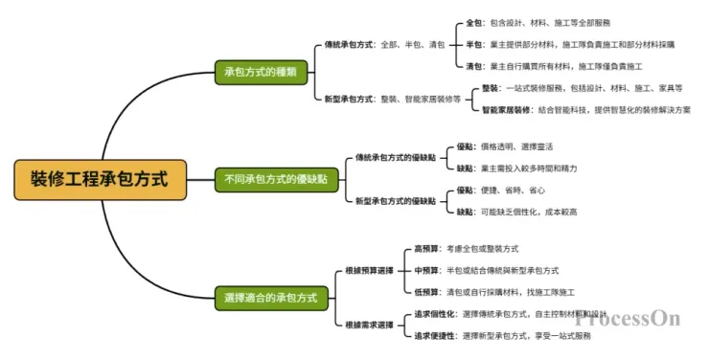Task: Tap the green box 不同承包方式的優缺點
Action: pos(276,178)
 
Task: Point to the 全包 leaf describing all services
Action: pos(537,21)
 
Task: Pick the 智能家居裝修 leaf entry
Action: pos(585,110)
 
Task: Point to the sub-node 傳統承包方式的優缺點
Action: pos(395,157)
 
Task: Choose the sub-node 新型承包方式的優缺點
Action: pos(395,201)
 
